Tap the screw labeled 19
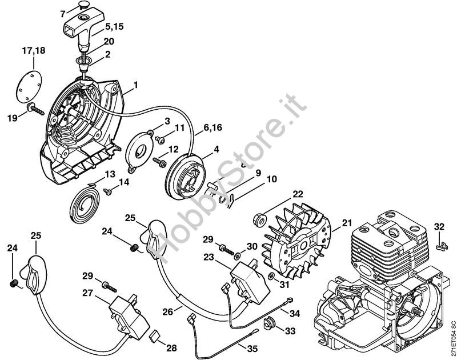[x=35, y=109]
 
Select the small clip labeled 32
[x=442, y=246]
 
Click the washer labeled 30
[x=238, y=256]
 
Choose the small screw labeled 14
[x=107, y=192]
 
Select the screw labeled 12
[x=160, y=162]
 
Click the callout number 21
[x=347, y=223]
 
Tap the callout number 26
[x=168, y=312]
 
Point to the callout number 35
[x=252, y=349]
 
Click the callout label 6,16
[x=213, y=127]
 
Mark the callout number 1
[x=136, y=85]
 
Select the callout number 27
[x=87, y=293]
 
